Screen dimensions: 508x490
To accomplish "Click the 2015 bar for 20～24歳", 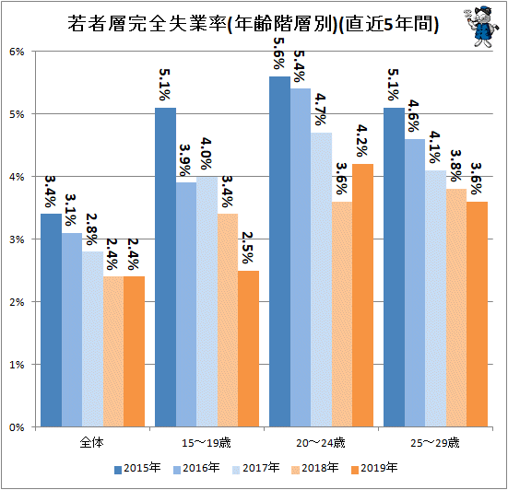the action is (280, 251).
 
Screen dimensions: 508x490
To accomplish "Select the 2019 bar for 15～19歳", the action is (249, 348).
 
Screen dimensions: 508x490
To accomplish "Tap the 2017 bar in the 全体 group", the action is (93, 339).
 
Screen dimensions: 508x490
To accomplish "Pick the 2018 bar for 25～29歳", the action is (456, 308).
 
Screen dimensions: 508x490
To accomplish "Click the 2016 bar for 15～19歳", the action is (186, 305).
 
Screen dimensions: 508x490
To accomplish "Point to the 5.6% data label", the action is (279, 53).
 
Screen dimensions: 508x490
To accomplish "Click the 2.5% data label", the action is (247, 248).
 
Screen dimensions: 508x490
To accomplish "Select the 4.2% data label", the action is (362, 141).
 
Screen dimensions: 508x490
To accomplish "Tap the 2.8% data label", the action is (91, 229).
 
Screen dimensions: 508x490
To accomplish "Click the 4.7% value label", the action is (321, 110).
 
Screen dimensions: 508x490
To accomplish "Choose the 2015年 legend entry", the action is (137, 468).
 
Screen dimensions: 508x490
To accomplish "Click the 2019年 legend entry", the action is (374, 468).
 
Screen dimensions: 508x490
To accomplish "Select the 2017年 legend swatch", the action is (236, 470).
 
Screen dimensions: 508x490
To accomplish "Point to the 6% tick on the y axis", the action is (17, 52).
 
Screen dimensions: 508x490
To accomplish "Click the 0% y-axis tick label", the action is (17, 427).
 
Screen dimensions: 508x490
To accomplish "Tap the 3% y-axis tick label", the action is (17, 239).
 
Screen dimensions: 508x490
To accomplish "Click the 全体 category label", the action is (92, 442).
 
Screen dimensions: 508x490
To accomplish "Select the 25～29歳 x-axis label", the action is (435, 442).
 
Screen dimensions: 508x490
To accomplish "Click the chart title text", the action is (253, 24).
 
